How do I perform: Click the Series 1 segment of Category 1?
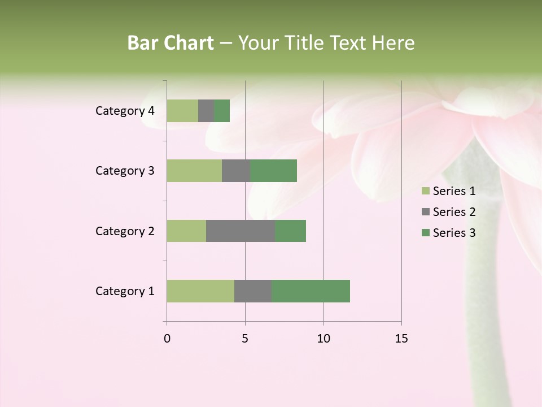[200, 291]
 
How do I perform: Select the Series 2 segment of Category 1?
[253, 291]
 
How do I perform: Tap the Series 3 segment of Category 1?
[311, 291]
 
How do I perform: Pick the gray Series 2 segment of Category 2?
[241, 231]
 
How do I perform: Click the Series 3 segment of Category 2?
[290, 231]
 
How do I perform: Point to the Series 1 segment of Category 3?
[194, 171]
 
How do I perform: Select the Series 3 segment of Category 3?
[273, 171]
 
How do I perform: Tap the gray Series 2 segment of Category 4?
[206, 111]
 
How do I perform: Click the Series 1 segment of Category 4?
[182, 111]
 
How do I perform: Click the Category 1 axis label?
[125, 291]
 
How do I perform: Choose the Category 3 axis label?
[125, 171]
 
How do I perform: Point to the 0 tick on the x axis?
[167, 339]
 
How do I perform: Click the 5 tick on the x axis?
[245, 339]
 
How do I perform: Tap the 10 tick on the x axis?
[323, 339]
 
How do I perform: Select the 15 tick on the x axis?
[401, 339]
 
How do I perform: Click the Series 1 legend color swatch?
[425, 191]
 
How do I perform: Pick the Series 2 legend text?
[454, 212]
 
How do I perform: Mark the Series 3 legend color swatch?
[425, 233]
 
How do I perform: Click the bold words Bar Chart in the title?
[171, 43]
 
